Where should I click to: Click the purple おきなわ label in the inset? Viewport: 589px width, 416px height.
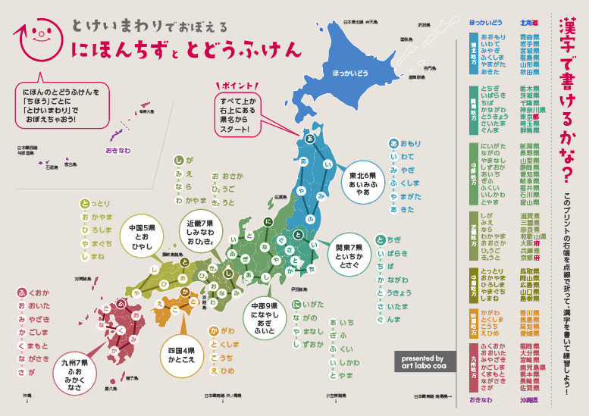pos(121,151)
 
